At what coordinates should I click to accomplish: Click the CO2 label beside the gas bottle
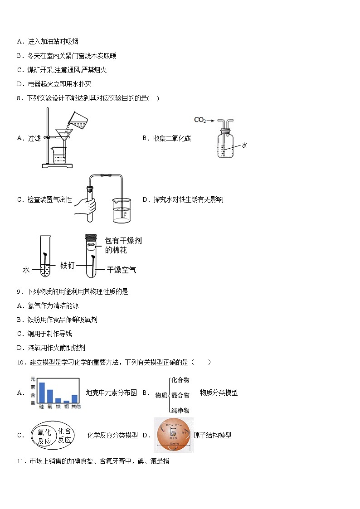point(200,120)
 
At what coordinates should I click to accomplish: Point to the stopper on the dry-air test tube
point(92,237)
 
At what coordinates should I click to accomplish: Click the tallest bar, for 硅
point(42,393)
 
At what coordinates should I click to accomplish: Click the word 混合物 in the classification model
point(180,395)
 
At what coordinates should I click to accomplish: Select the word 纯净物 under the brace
point(180,411)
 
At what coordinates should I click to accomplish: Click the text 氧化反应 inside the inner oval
point(44,436)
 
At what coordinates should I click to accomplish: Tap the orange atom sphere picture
point(173,435)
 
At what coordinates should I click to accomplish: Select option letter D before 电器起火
point(19,84)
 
